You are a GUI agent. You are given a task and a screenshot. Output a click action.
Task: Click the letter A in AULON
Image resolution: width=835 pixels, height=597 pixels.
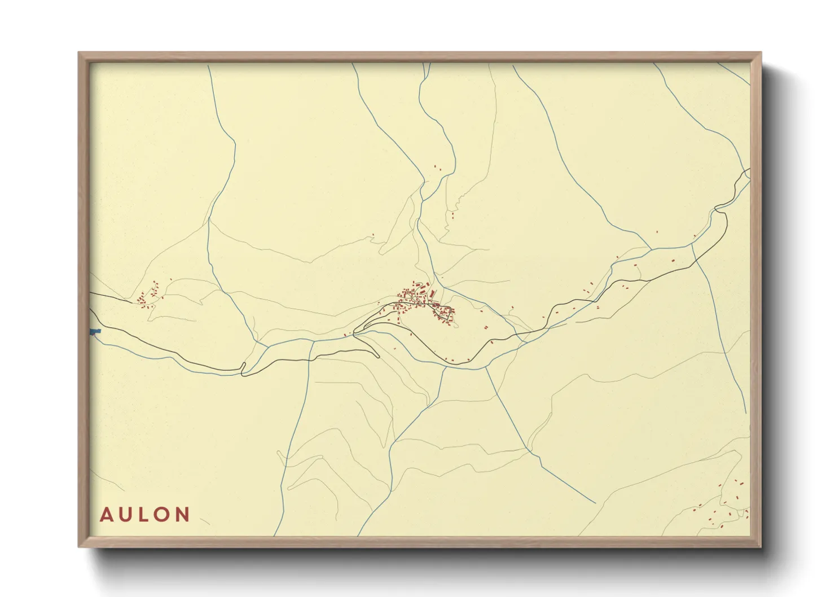pos(106,515)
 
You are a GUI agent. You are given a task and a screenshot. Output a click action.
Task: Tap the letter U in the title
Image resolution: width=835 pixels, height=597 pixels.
pos(126,515)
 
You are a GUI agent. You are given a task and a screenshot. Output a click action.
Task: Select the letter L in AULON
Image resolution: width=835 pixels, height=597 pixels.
pos(144,515)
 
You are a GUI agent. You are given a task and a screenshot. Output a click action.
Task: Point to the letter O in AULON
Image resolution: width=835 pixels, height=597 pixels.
pos(162,515)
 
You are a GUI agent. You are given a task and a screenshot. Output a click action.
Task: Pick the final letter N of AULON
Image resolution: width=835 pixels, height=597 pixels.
pos(182,515)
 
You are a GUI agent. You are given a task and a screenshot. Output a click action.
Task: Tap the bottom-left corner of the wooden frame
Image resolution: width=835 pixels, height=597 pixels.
pos(80,546)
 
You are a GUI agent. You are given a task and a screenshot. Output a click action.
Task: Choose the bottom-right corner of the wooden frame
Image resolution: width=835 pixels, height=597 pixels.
pos(760,546)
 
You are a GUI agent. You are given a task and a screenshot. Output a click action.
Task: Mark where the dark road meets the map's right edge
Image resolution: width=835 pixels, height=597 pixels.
pos(749,170)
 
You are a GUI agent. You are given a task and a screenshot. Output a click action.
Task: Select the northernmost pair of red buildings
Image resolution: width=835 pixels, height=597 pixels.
pos(436,167)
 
